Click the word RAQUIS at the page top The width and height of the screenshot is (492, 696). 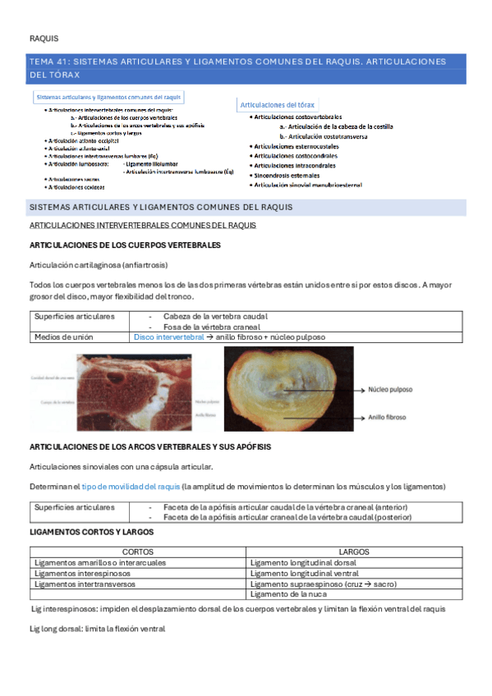coord(44,38)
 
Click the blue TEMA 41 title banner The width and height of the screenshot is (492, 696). coord(246,68)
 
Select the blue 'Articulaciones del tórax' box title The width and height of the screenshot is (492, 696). coord(278,105)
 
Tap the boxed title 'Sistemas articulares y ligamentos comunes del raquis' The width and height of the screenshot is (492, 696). coord(109,97)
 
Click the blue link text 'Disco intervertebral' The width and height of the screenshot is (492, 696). coord(168,337)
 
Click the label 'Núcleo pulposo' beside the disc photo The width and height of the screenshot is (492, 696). coord(390,391)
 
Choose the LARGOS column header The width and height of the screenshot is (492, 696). coord(353,552)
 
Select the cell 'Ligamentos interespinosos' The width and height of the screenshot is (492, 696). coord(85,573)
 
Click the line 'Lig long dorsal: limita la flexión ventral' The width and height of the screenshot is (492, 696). coord(97,629)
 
